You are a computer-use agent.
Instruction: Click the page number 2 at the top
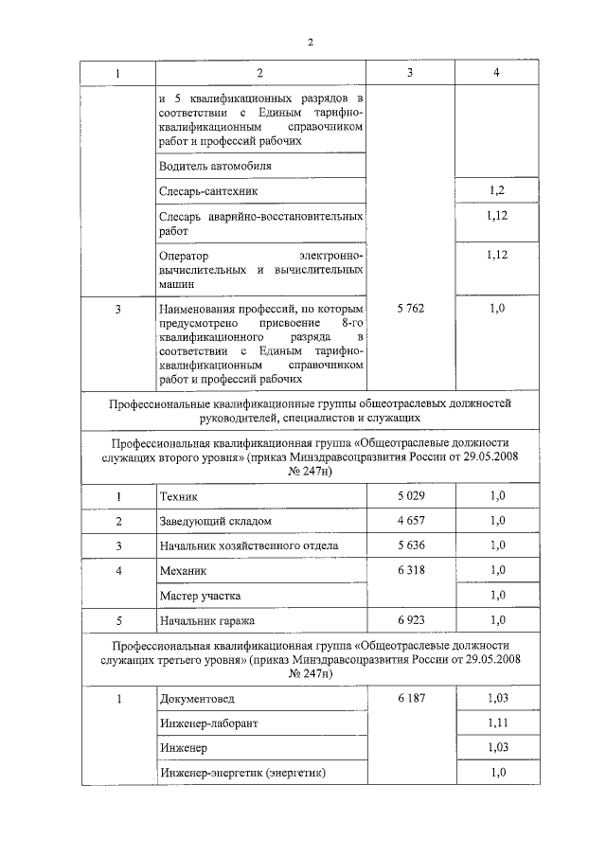pos(310,42)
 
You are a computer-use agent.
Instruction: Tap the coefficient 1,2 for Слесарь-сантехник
pos(496,191)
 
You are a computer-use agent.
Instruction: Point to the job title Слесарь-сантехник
pos(208,191)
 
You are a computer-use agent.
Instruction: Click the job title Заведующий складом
pos(216,521)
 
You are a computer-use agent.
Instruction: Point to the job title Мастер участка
pos(201,596)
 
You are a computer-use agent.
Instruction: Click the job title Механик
pos(184,571)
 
